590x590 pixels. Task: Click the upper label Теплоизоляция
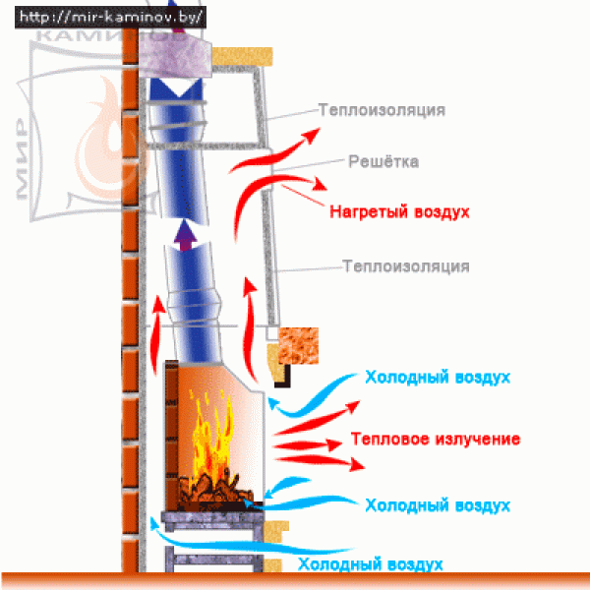click(x=381, y=110)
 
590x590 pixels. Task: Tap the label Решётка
click(x=383, y=161)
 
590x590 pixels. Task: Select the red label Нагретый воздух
click(x=399, y=211)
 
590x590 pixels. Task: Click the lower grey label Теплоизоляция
click(x=405, y=265)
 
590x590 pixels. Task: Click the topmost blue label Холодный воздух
click(x=438, y=377)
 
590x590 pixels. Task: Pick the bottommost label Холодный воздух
click(x=370, y=564)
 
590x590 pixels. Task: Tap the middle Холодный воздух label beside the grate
click(x=438, y=504)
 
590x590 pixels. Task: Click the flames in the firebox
click(x=211, y=433)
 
